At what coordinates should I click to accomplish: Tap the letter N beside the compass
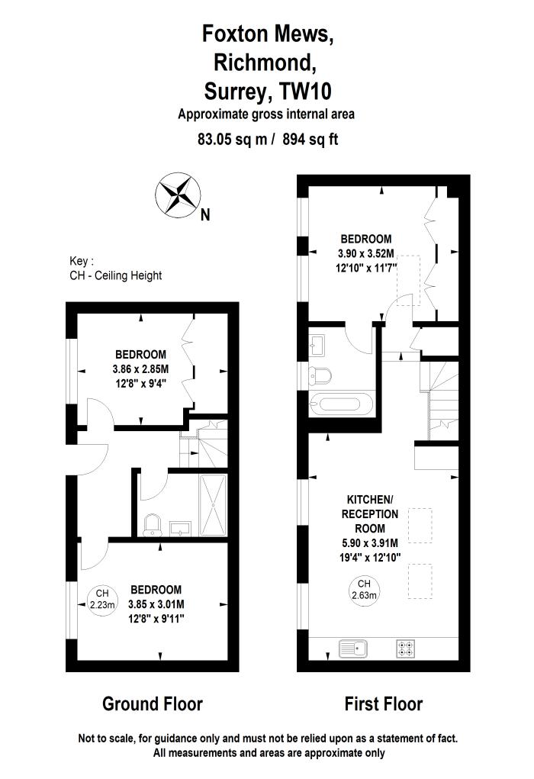click(204, 215)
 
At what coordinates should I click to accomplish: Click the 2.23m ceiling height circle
click(102, 599)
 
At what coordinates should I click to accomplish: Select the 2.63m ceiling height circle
click(365, 590)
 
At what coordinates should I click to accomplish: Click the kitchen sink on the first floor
click(354, 649)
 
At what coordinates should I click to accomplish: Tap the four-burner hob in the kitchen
click(406, 649)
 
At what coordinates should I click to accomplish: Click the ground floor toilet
click(153, 523)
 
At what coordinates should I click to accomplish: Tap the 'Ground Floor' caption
click(153, 703)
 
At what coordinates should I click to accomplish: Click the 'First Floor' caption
click(383, 703)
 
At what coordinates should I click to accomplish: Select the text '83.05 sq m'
click(229, 140)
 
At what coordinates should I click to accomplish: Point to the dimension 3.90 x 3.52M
click(366, 253)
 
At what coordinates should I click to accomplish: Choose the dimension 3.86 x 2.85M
click(140, 369)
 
